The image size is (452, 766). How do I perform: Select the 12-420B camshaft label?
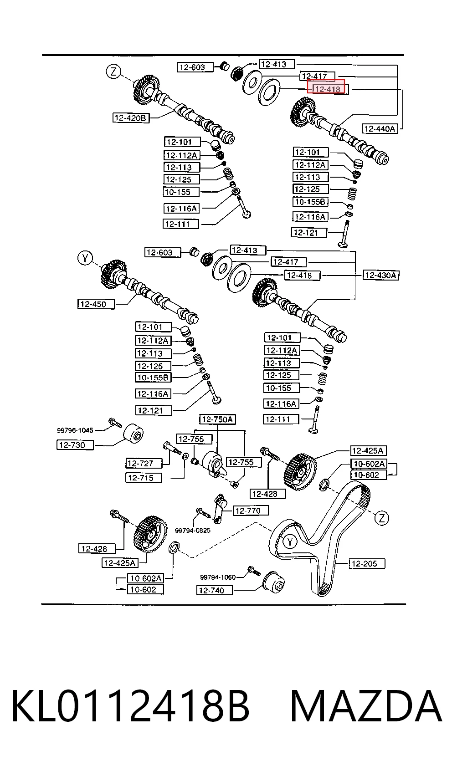click(x=131, y=118)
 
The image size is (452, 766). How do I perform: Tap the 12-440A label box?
click(x=380, y=128)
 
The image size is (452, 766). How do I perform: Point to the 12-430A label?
click(x=381, y=275)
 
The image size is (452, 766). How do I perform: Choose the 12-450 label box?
click(x=96, y=304)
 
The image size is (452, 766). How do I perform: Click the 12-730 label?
click(x=75, y=445)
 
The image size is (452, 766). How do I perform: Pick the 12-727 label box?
click(x=144, y=463)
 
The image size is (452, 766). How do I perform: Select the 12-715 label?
click(x=144, y=478)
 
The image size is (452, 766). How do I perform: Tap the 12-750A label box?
click(x=218, y=419)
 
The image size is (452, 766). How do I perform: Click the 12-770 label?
click(x=251, y=511)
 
